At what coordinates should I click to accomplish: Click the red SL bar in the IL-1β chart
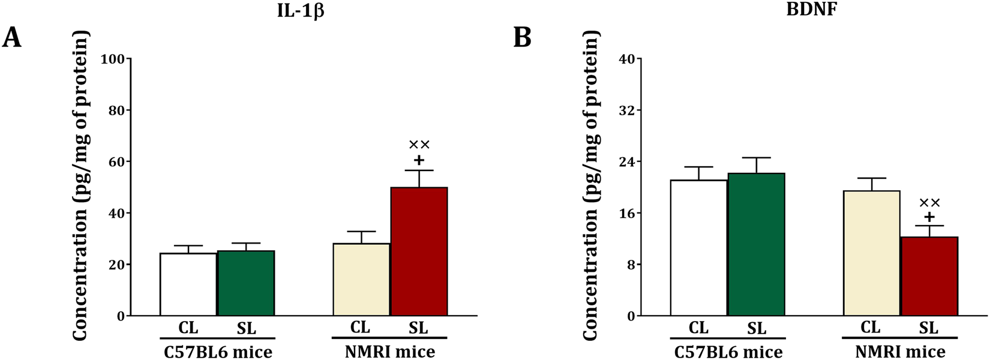pos(419,252)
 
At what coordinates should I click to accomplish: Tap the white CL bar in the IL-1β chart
pos(188,284)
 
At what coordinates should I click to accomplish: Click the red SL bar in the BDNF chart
pos(929,277)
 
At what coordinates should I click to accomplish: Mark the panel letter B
pos(523,38)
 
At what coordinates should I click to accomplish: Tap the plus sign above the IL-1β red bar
pos(419,160)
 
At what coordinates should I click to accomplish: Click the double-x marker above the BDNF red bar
pos(929,203)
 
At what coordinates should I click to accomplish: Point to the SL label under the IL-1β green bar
pos(247,328)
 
